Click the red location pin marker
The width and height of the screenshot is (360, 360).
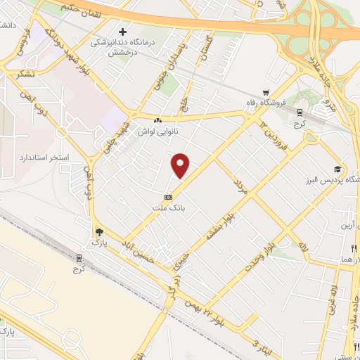click(181, 166)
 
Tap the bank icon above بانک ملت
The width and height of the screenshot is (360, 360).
click(168, 197)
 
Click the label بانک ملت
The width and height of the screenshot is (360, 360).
click(167, 208)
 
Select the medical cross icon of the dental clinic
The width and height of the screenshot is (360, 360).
click(123, 32)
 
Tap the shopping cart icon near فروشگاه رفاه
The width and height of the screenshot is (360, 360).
click(266, 92)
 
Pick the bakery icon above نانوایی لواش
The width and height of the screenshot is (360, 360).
click(157, 121)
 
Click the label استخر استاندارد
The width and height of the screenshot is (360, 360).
click(64, 157)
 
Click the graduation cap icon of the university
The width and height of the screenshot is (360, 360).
click(337, 169)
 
